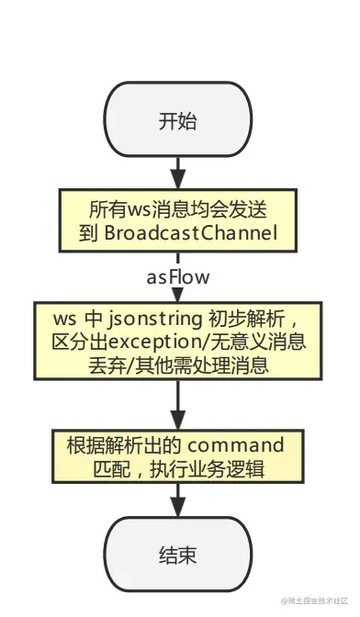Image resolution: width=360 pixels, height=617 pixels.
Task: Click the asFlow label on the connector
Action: (x=178, y=276)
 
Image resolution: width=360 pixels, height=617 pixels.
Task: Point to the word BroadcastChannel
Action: (x=190, y=232)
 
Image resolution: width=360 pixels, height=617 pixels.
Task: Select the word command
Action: (x=236, y=445)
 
